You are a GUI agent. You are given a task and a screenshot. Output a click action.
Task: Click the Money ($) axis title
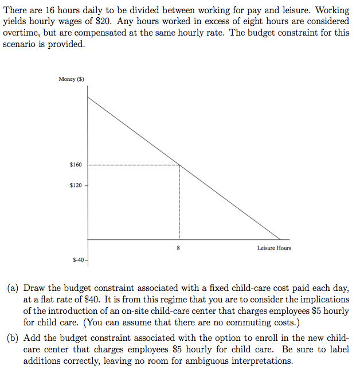click(71, 79)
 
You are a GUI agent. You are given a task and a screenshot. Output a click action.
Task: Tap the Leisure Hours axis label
click(273, 248)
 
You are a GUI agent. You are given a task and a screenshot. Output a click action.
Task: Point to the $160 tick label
click(75, 165)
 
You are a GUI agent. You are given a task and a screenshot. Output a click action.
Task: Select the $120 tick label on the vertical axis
click(75, 185)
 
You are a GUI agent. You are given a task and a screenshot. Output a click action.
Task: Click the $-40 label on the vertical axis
click(78, 260)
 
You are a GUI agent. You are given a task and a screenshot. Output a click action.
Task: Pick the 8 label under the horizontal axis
click(179, 248)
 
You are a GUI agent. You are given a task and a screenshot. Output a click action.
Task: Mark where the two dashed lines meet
click(179, 165)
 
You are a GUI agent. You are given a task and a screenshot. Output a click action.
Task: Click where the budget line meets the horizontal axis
click(280, 239)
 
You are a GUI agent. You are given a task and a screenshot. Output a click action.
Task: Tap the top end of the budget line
click(88, 97)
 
